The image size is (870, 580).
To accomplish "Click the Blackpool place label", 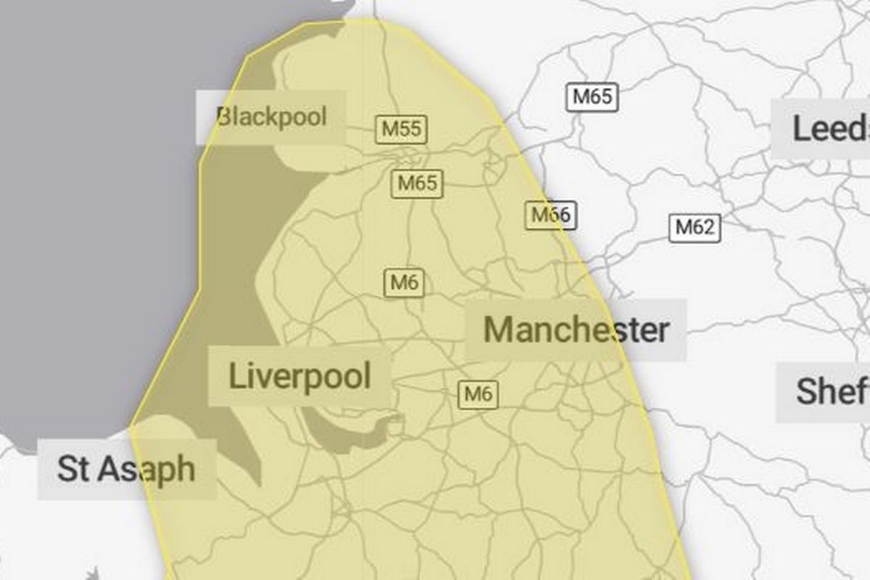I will pyautogui.click(x=272, y=116).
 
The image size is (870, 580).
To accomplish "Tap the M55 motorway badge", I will pyautogui.click(x=401, y=129).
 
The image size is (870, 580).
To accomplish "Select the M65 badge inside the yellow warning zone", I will pyautogui.click(x=418, y=183).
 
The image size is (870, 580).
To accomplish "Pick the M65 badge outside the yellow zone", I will pyautogui.click(x=592, y=97).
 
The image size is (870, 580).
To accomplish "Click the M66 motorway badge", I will pyautogui.click(x=551, y=215).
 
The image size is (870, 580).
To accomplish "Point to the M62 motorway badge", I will pyautogui.click(x=695, y=228).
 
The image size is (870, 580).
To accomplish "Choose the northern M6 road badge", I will pyautogui.click(x=404, y=282).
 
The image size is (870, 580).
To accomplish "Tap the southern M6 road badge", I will pyautogui.click(x=478, y=394).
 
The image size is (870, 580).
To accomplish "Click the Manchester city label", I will pyautogui.click(x=576, y=330).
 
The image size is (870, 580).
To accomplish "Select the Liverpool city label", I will pyautogui.click(x=299, y=376).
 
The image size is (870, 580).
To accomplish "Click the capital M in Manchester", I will pyautogui.click(x=499, y=330).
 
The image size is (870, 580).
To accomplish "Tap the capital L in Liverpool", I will pyautogui.click(x=236, y=376).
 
